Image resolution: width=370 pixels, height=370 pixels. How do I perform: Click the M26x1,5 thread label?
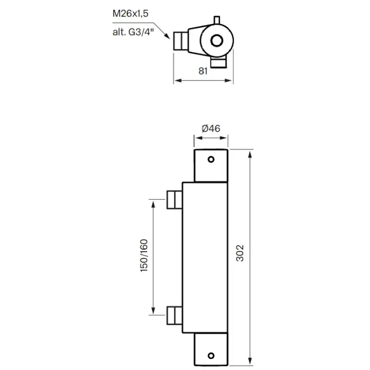click(130, 14)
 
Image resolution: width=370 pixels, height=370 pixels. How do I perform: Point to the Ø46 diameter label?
click(211, 129)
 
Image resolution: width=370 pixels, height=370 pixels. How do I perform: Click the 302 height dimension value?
click(240, 253)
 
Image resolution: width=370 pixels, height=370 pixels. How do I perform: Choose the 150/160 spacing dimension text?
click(144, 257)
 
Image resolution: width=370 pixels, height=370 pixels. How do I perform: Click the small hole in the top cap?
click(211, 159)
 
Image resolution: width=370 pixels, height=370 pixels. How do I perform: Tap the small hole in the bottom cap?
click(211, 354)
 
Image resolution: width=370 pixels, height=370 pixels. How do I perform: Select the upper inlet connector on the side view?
click(174, 199)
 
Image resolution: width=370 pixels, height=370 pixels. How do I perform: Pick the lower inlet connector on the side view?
click(174, 315)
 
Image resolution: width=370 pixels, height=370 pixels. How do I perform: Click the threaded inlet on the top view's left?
click(180, 41)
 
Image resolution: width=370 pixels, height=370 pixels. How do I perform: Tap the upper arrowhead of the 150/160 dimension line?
click(154, 202)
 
